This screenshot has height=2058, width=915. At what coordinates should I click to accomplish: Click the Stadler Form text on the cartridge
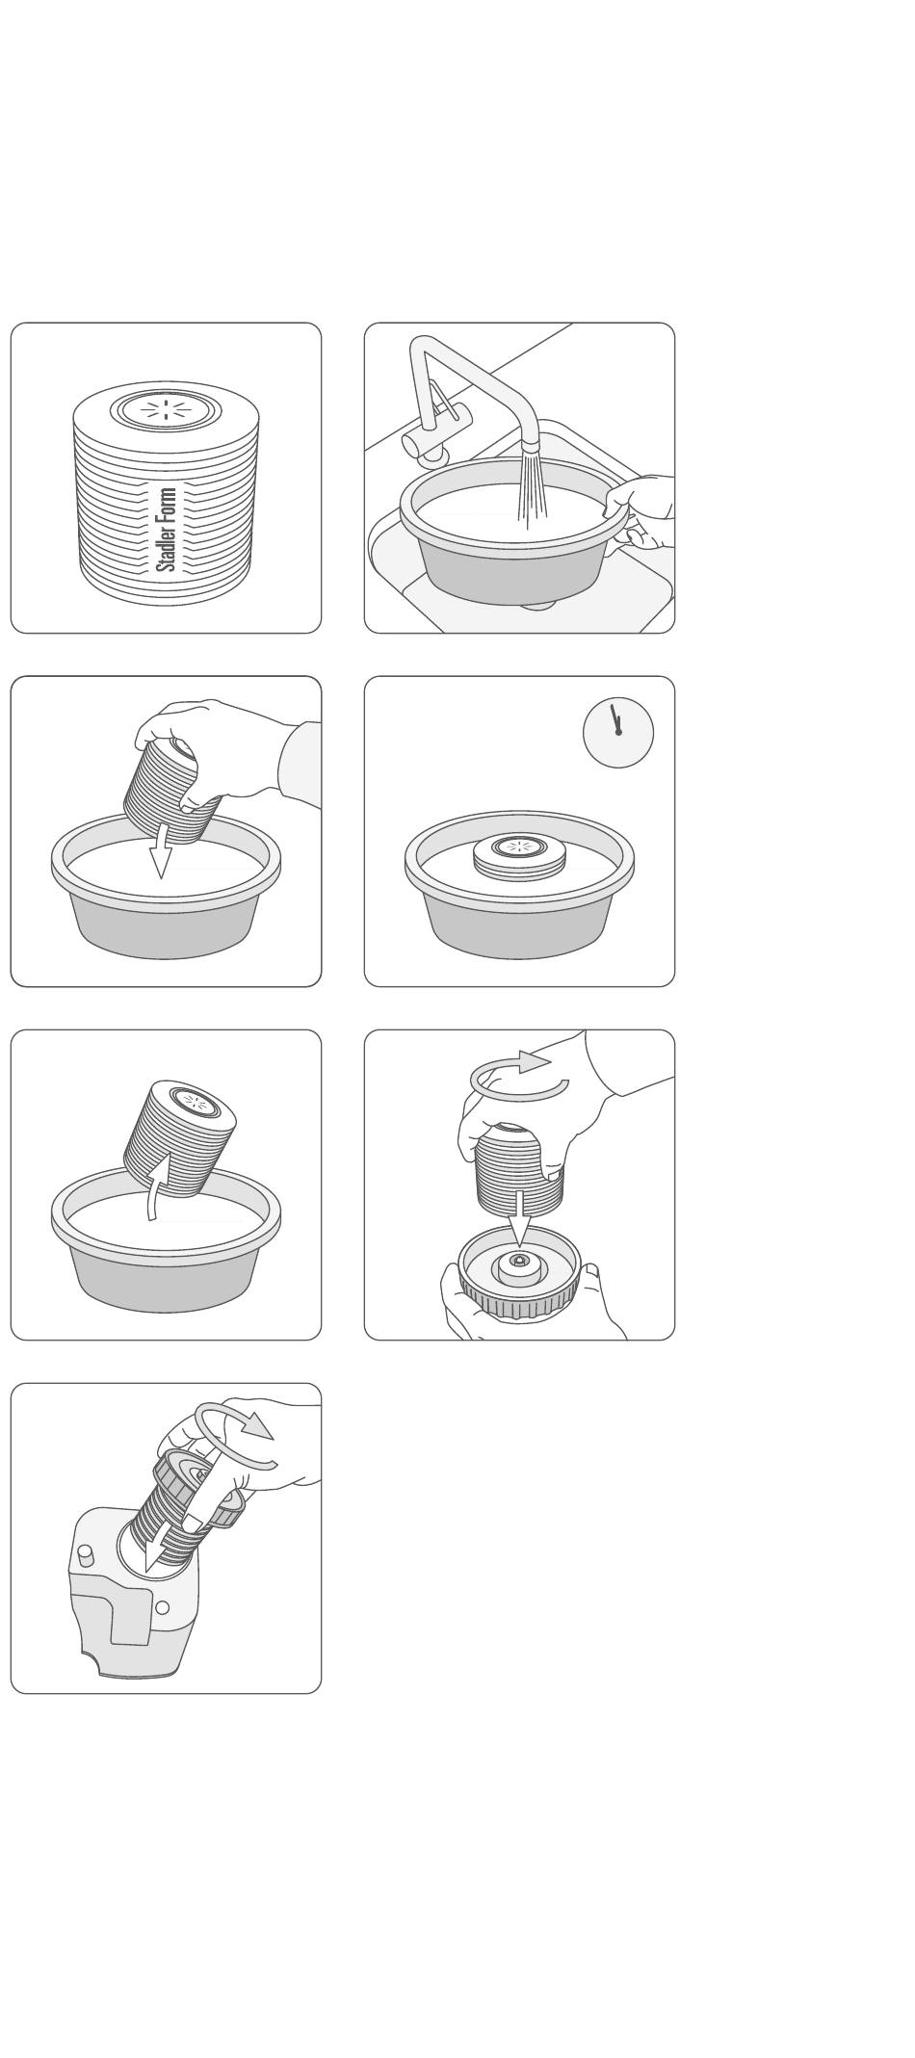[x=167, y=529]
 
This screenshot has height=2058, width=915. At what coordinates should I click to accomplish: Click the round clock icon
[x=618, y=732]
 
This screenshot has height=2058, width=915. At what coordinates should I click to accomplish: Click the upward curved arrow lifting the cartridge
[x=157, y=1185]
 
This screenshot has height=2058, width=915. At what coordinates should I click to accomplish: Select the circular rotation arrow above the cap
[x=519, y=1077]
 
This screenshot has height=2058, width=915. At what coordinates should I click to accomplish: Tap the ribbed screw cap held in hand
[x=520, y=1272]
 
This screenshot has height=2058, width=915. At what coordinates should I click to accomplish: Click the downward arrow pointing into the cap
[x=519, y=1217]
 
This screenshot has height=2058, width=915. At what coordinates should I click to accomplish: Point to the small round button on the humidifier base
[x=162, y=1607]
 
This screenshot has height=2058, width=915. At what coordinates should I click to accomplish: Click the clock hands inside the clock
[x=615, y=719]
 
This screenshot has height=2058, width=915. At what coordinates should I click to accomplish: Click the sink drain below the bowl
[x=538, y=604]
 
